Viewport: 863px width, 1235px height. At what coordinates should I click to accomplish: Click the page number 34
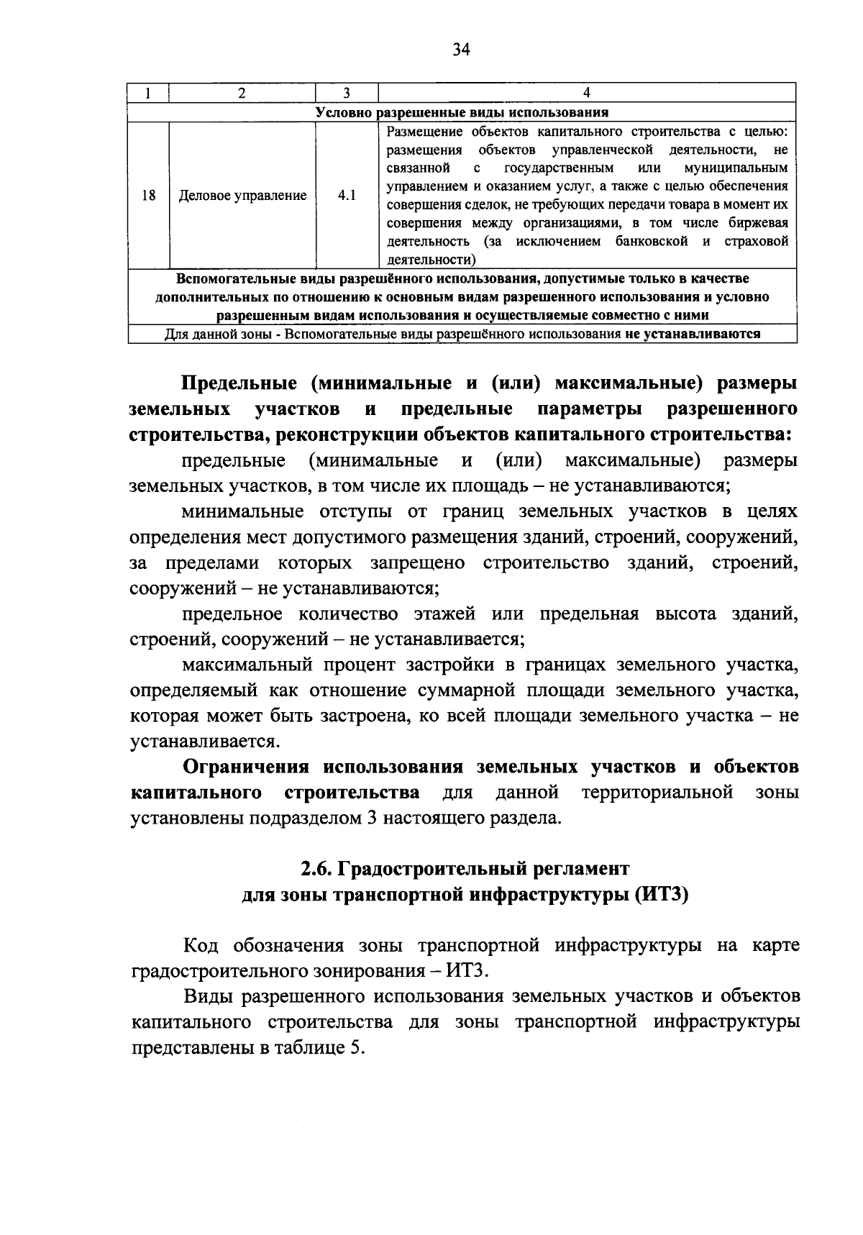click(461, 49)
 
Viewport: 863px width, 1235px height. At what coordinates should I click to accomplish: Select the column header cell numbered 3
click(346, 93)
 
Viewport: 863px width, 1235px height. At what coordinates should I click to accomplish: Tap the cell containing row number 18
click(149, 195)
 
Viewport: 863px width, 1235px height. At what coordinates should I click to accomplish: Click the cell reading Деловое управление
click(242, 196)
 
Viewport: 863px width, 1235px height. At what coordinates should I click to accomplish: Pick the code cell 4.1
click(346, 196)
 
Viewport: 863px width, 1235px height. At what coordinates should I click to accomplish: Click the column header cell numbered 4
click(586, 93)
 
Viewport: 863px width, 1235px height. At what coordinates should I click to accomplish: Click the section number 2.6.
click(315, 869)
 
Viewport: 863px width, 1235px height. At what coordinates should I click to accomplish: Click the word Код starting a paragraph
click(202, 945)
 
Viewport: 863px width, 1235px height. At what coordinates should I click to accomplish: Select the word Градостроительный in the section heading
click(430, 869)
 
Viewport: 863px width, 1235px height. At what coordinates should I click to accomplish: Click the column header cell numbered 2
click(242, 93)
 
